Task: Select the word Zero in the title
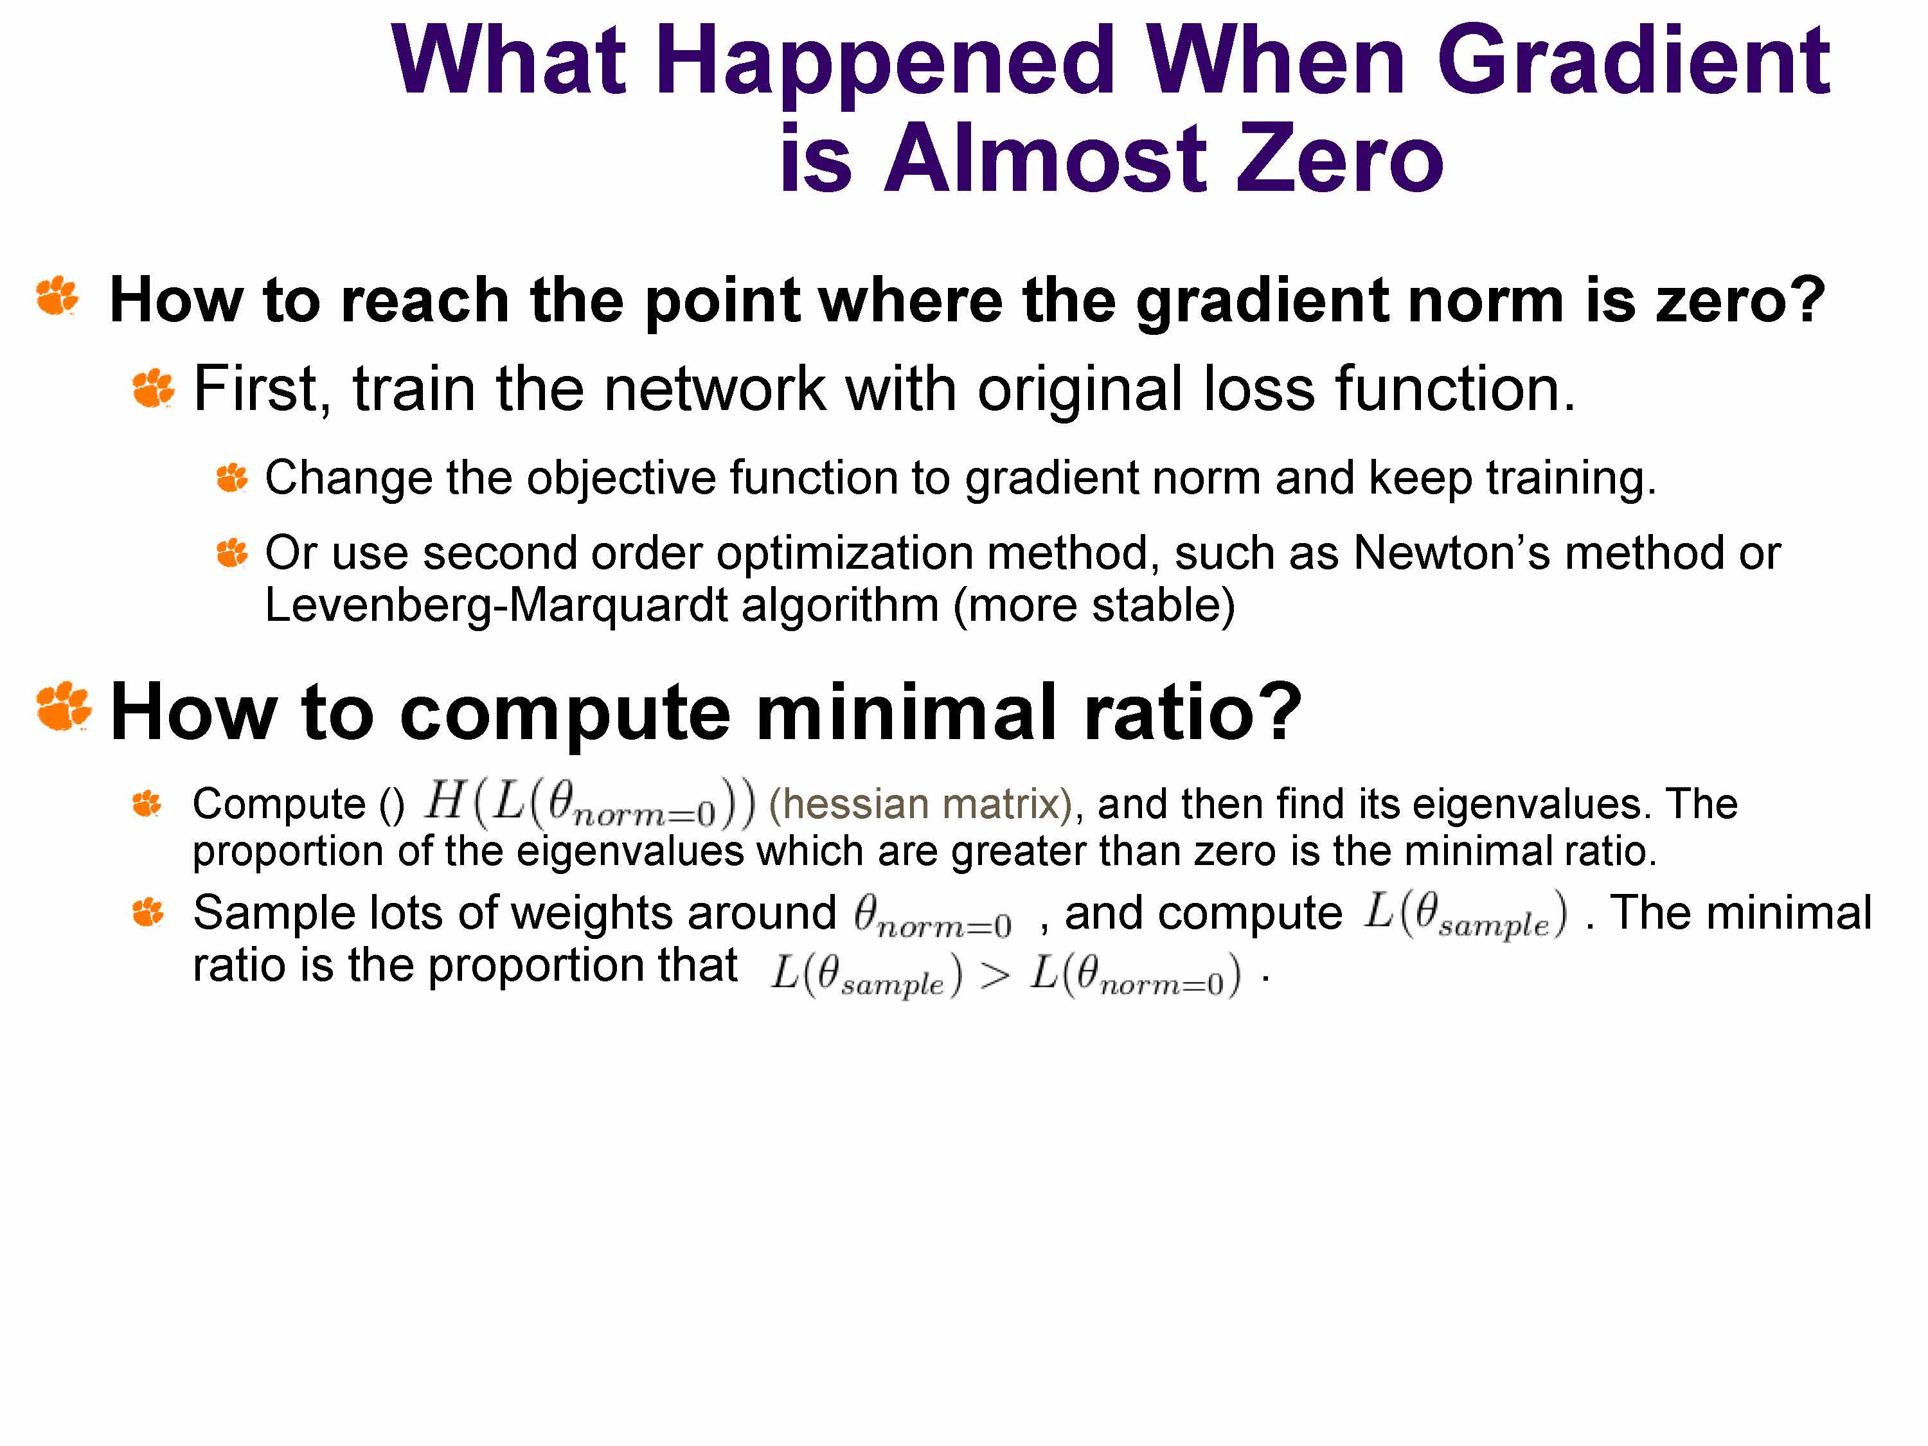[1340, 159]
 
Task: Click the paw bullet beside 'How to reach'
[58, 296]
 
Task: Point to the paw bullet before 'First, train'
[154, 388]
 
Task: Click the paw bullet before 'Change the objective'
[233, 478]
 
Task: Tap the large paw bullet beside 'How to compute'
[64, 706]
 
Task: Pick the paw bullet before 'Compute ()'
[147, 803]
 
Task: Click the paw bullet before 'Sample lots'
[147, 913]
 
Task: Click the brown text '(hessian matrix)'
[920, 803]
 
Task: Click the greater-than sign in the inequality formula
[994, 977]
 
